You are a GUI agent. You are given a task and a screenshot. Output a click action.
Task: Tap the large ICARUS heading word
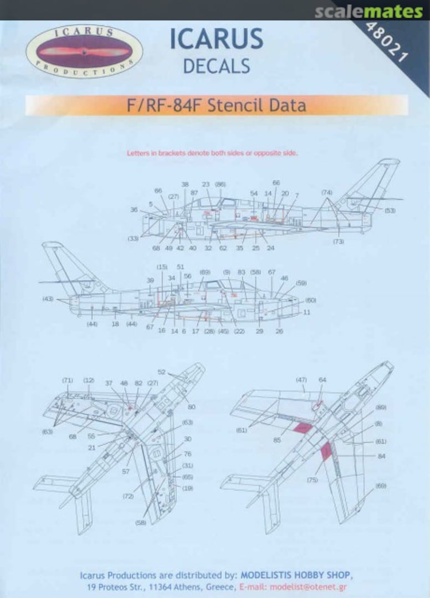pyautogui.click(x=216, y=39)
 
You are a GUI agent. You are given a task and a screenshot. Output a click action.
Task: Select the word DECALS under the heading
pyautogui.click(x=216, y=66)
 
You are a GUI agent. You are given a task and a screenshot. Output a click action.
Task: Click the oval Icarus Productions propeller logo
pyautogui.click(x=84, y=51)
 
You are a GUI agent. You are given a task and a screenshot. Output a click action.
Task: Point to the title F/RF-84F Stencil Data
pyautogui.click(x=217, y=104)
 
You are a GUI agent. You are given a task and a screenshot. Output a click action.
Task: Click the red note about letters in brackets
pyautogui.click(x=212, y=153)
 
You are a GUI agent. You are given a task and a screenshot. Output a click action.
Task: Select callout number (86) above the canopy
pyautogui.click(x=220, y=184)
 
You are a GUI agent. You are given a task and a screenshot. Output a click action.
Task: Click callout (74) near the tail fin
pyautogui.click(x=327, y=192)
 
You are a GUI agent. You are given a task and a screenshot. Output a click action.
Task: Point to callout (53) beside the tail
pyautogui.click(x=390, y=210)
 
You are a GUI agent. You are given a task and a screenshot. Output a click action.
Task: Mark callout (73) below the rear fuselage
pyautogui.click(x=339, y=241)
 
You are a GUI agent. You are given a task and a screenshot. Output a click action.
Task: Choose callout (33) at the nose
pyautogui.click(x=133, y=238)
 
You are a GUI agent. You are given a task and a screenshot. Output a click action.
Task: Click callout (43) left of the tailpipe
pyautogui.click(x=48, y=299)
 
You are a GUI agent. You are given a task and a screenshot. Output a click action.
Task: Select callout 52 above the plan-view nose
pyautogui.click(x=162, y=372)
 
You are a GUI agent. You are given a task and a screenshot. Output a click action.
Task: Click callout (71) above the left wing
pyautogui.click(x=67, y=380)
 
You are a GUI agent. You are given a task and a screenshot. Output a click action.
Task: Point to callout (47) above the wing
pyautogui.click(x=301, y=380)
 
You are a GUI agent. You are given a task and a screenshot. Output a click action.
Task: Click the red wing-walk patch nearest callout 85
pyautogui.click(x=301, y=428)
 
